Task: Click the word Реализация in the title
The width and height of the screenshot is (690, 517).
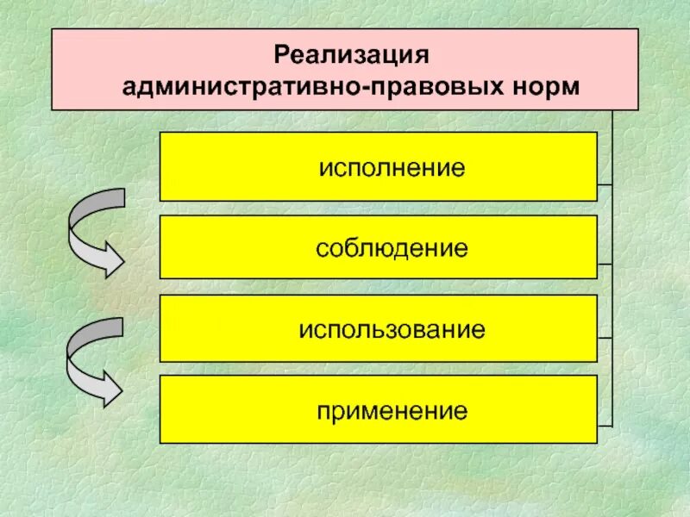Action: tap(352, 56)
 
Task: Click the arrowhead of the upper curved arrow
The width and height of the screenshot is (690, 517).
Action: tap(110, 258)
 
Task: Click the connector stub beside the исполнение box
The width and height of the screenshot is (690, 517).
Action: tap(605, 184)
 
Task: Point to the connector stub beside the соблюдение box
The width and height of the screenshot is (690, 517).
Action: tap(605, 263)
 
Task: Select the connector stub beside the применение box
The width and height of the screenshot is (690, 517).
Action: tap(605, 425)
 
